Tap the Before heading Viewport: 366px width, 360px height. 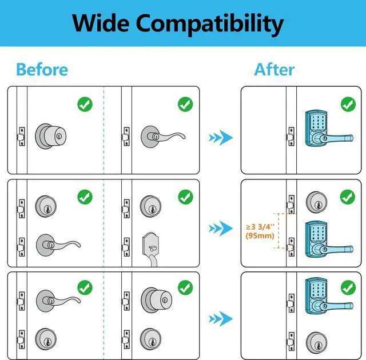point(42,70)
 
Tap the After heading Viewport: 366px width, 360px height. point(274,70)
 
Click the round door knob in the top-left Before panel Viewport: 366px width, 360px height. point(50,135)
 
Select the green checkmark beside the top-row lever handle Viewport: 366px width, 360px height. point(185,105)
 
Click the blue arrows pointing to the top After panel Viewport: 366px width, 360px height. point(220,137)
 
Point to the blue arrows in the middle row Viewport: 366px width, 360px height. point(220,229)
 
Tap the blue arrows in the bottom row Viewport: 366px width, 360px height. point(220,318)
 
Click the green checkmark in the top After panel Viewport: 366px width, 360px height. point(348,105)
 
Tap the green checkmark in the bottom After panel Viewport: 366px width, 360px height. point(348,287)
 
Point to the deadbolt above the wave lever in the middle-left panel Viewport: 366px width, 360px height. point(46,206)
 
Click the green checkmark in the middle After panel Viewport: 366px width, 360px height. point(348,197)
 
